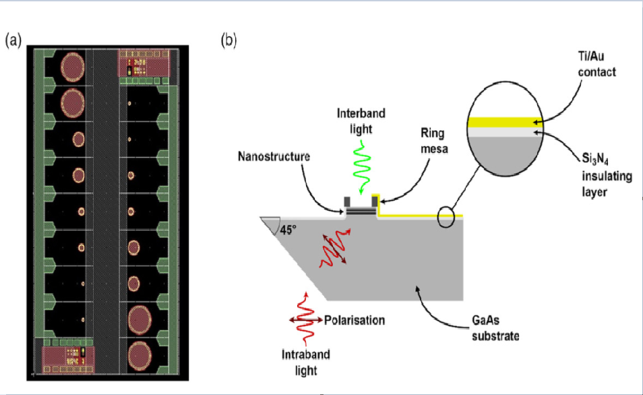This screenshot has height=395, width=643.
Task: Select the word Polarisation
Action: pos(354,320)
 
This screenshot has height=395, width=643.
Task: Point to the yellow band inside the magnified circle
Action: pos(502,122)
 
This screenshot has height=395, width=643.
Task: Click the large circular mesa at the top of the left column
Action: pos(72,66)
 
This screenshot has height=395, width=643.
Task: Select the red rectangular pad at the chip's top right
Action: pos(144,64)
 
